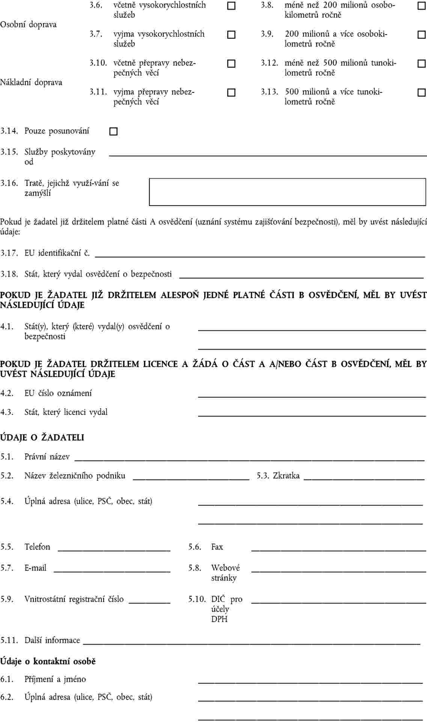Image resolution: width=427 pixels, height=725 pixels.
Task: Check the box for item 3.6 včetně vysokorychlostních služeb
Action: click(x=232, y=6)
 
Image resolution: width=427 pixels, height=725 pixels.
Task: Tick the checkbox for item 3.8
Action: click(x=421, y=6)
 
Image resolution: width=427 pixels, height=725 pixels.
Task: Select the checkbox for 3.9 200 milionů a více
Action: click(x=421, y=35)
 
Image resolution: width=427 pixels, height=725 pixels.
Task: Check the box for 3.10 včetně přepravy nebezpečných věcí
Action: click(x=232, y=64)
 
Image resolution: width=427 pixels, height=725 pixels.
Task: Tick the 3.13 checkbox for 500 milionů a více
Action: click(x=421, y=92)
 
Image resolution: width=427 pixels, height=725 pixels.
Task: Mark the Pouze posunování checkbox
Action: click(x=113, y=132)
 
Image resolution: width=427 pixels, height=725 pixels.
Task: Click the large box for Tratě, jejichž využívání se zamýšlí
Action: click(x=287, y=192)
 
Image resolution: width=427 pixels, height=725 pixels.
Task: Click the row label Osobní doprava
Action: click(x=29, y=24)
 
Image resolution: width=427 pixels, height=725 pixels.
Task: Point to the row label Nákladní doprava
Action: click(x=31, y=82)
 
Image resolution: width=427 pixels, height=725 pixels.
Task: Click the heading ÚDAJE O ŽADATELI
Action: click(x=42, y=437)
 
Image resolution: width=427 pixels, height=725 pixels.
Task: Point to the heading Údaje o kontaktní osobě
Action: click(x=48, y=661)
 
